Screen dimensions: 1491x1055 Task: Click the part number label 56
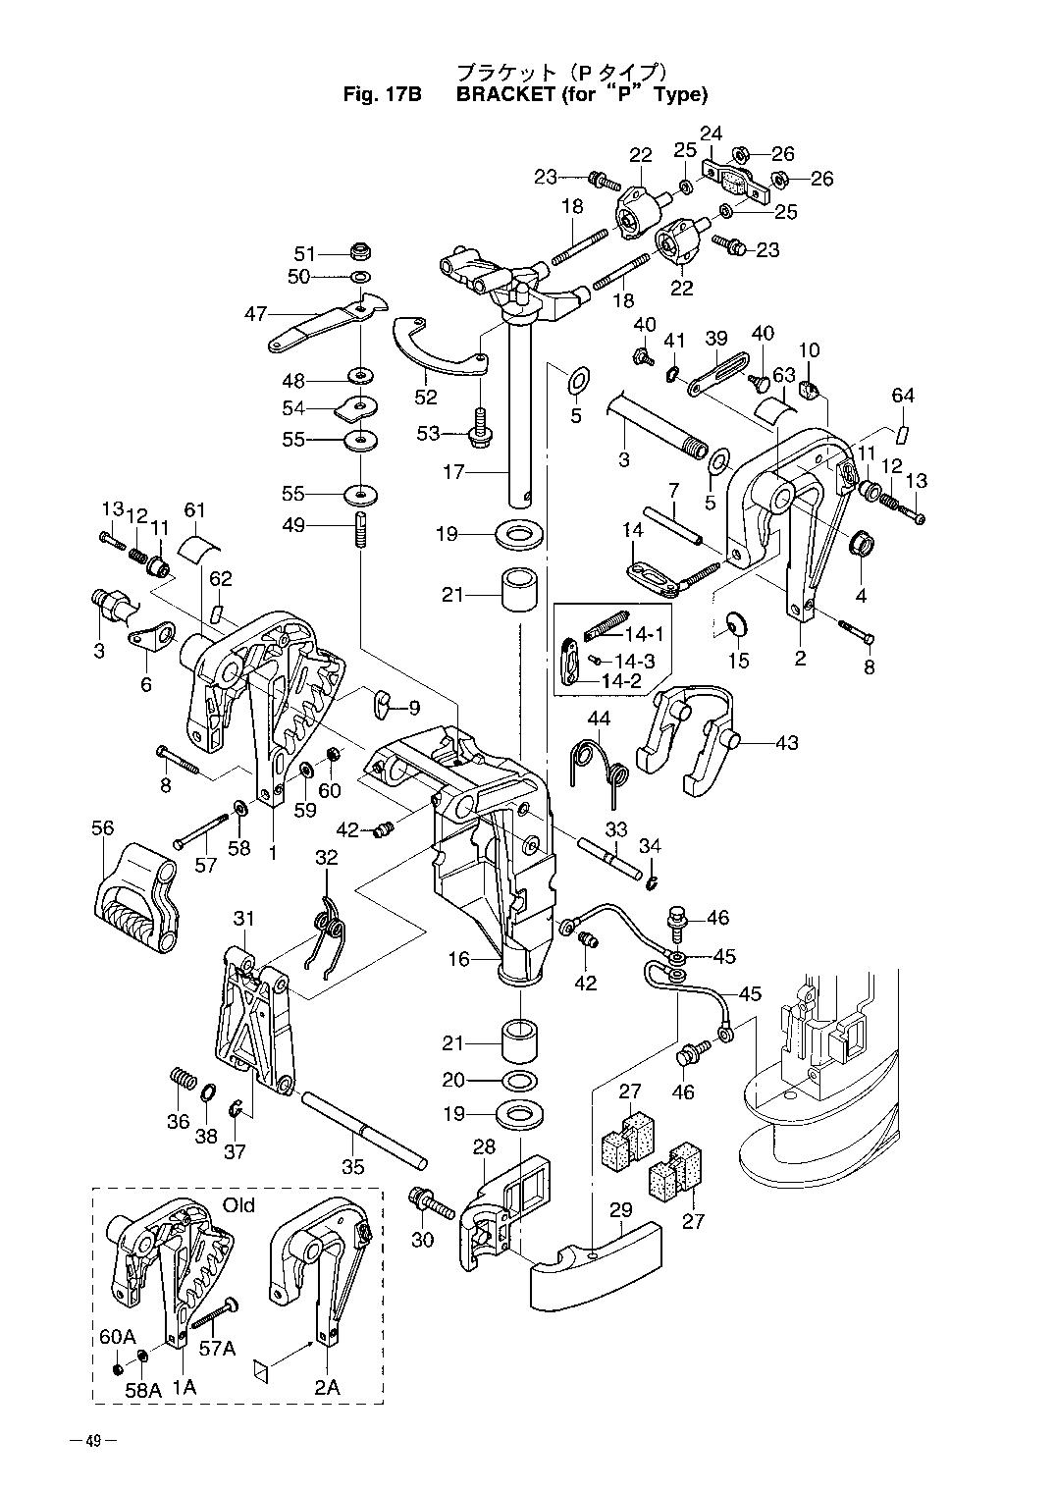click(103, 828)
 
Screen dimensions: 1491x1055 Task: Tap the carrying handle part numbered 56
click(136, 901)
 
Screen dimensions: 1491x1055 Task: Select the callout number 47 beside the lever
click(256, 314)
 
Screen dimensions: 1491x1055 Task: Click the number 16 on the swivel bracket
click(458, 959)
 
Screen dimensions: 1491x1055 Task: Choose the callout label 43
click(787, 743)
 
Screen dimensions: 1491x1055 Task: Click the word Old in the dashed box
click(238, 1204)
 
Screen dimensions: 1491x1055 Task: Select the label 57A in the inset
click(217, 1349)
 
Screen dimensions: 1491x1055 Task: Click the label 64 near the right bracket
click(903, 396)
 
